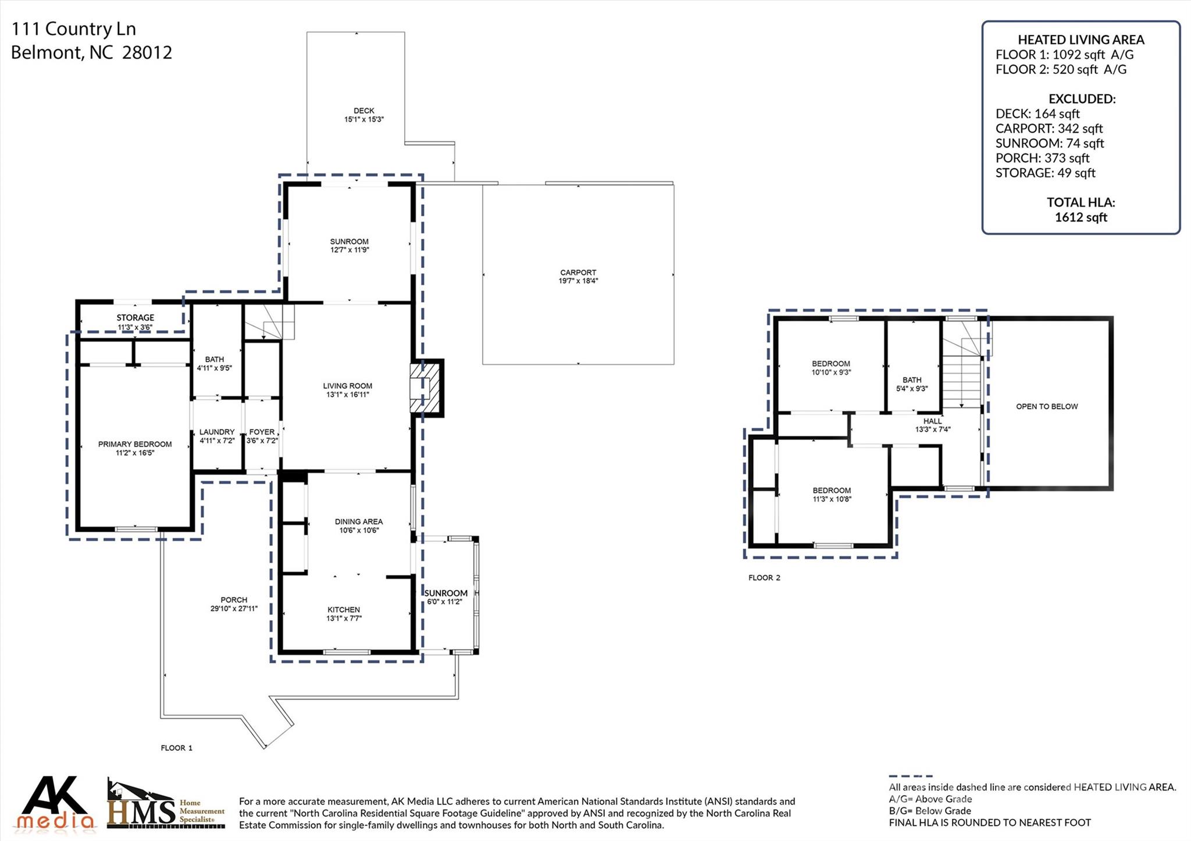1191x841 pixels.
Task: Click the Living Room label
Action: (347, 386)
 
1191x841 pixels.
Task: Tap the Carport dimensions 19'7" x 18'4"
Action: (577, 281)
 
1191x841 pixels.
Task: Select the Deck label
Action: (363, 110)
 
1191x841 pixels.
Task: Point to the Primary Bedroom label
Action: (135, 444)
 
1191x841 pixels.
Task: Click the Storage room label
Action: (135, 317)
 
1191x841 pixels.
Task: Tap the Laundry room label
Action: (217, 432)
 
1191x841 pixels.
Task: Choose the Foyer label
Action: (262, 432)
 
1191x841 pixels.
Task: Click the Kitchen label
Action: (343, 610)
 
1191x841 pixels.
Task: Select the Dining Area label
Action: (358, 521)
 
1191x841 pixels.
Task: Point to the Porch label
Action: (234, 600)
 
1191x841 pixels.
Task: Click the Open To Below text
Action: (1047, 406)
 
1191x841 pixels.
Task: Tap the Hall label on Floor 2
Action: (932, 421)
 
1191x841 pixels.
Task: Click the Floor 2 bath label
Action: (912, 380)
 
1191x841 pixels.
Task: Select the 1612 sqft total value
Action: (1081, 217)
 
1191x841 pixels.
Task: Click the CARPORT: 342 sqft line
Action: (1049, 128)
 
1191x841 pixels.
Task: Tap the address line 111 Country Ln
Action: (74, 28)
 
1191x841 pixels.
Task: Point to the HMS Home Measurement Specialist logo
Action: (166, 804)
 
